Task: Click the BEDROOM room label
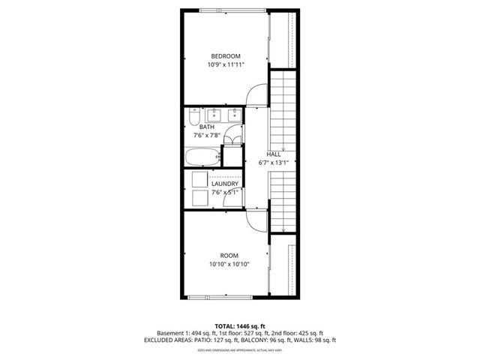tap(225, 56)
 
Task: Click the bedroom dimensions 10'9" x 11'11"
tap(225, 65)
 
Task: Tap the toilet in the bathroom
tap(193, 120)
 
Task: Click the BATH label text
tap(206, 127)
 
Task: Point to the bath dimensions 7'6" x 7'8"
tap(206, 136)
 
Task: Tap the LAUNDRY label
tap(225, 184)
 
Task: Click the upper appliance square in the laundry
tap(199, 179)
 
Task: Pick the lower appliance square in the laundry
tap(199, 197)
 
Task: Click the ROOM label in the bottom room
tap(229, 255)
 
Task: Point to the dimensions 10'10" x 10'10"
tap(229, 264)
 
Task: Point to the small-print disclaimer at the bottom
tap(240, 350)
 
